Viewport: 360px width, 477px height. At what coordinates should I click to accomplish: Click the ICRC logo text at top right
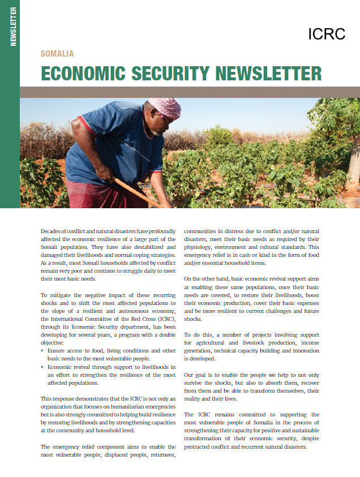pyautogui.click(x=327, y=34)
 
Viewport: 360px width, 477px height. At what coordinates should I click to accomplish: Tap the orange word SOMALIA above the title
pyautogui.click(x=57, y=54)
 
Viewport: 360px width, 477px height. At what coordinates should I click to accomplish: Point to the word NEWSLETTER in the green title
pyautogui.click(x=269, y=74)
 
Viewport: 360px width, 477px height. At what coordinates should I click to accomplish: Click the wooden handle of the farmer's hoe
pyautogui.click(x=136, y=192)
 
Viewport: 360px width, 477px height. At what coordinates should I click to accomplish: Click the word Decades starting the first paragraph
pyautogui.click(x=53, y=231)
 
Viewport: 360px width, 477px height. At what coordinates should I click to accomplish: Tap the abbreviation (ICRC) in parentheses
pyautogui.click(x=165, y=319)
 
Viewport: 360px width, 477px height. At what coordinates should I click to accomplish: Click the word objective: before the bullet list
pyautogui.click(x=54, y=343)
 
